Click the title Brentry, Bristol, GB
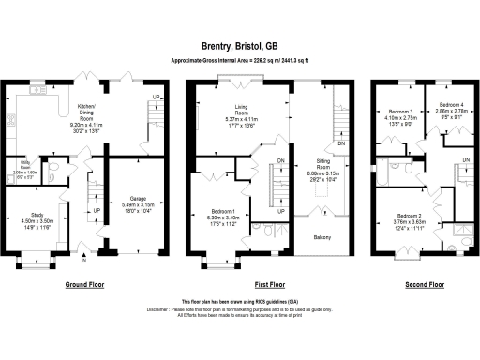[239, 44]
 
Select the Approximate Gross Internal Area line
[239, 60]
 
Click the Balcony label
[323, 237]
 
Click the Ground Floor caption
[83, 283]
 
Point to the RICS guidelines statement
[239, 302]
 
